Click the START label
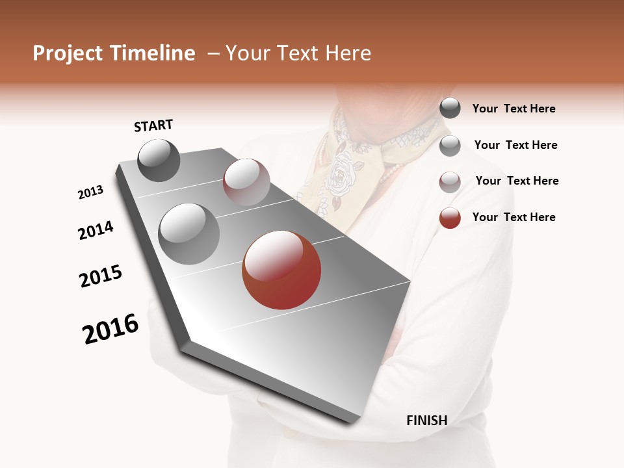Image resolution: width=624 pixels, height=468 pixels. point(153,125)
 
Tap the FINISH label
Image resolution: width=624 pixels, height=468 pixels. point(426,421)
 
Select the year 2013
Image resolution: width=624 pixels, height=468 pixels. point(90,192)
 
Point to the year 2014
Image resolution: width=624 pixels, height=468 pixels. point(96,231)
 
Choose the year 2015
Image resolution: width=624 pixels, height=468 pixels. point(101,276)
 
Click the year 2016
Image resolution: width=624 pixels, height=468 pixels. point(110,329)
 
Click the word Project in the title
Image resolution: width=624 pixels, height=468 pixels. point(68,53)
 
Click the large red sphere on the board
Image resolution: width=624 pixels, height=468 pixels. point(281,270)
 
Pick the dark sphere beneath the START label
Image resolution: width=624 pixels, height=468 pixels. point(159,160)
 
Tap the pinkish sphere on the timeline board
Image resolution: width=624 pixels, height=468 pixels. point(246,182)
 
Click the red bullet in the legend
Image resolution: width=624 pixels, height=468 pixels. point(450,218)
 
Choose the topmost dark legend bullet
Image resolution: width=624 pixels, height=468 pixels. point(450,109)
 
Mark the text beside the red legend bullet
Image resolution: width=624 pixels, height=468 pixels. point(513,217)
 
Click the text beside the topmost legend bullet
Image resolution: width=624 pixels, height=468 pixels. point(513,109)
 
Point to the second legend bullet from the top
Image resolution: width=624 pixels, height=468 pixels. point(450,146)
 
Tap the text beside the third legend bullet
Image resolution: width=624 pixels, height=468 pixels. point(517,181)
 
